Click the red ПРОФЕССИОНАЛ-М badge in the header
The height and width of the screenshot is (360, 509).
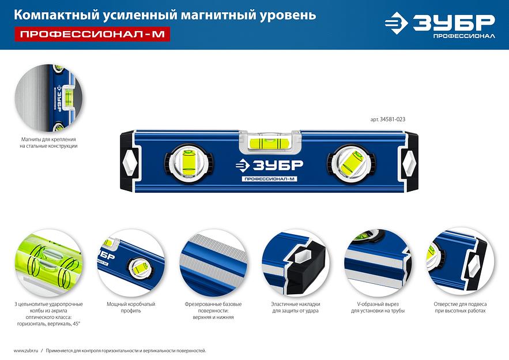point(92,34)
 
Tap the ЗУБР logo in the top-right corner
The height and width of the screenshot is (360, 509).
point(440,25)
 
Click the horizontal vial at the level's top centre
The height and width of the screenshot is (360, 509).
point(269,142)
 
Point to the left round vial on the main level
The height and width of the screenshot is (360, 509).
point(188,163)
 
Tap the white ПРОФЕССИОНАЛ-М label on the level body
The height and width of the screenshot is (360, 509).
point(269,179)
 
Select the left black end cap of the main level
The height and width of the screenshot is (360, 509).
point(128,162)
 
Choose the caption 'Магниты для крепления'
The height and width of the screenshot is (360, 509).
point(48,140)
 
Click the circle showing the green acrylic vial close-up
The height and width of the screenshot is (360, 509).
point(48,263)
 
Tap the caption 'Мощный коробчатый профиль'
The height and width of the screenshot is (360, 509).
point(131,307)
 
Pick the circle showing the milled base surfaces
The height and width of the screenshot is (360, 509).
point(213,263)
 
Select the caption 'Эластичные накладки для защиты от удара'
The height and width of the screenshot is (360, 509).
point(295,307)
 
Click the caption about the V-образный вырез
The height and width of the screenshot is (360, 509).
point(378,307)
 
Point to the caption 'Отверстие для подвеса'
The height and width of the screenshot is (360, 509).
point(460,304)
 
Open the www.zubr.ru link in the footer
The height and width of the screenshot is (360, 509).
point(26,351)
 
